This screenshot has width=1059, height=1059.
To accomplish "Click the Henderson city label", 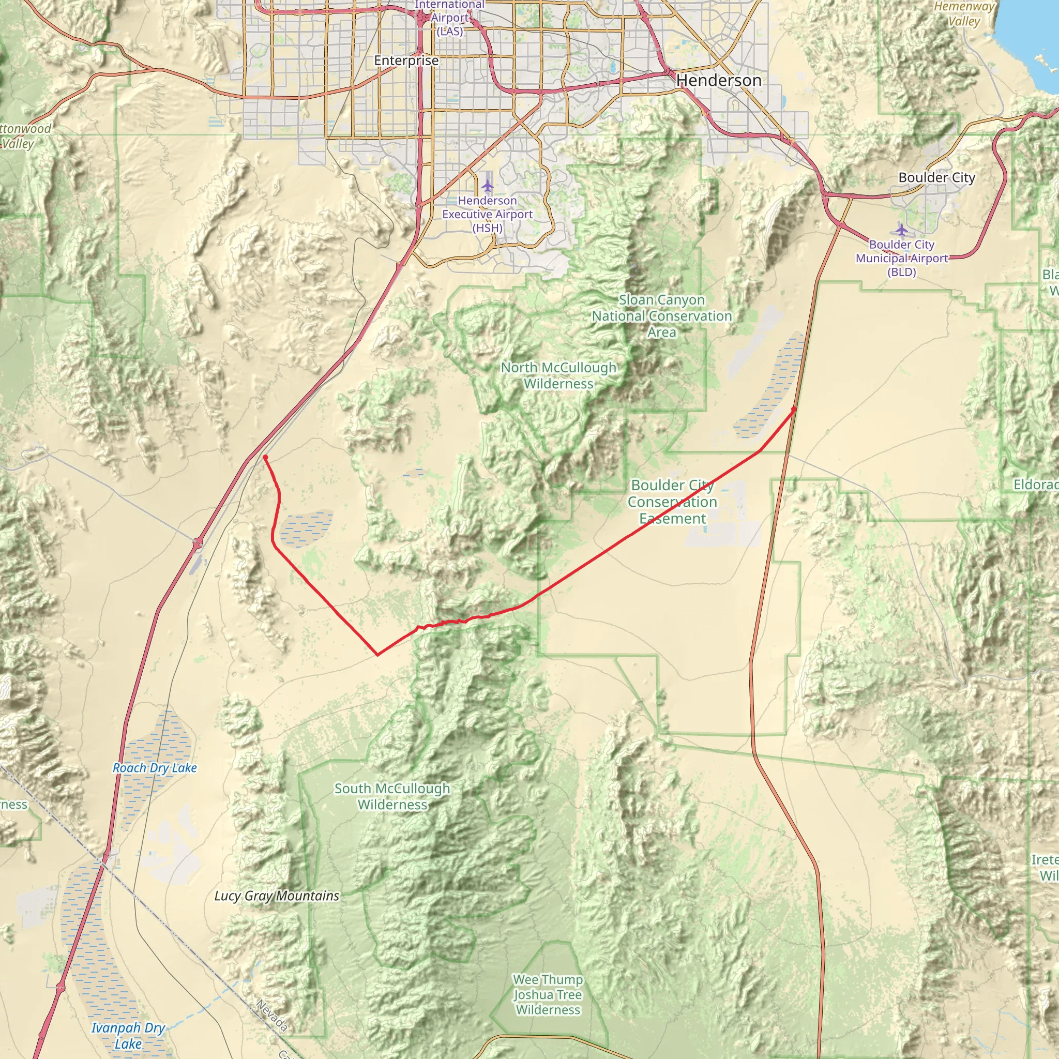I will (719, 81).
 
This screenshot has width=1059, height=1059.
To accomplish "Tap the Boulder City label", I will (937, 177).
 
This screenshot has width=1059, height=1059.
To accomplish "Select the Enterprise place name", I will (406, 60).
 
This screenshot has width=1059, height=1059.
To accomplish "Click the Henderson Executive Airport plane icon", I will (487, 186).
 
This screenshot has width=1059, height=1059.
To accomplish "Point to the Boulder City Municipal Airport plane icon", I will (901, 230).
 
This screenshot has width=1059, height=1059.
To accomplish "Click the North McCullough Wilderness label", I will (558, 375).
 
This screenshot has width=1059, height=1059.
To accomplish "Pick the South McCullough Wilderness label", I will (392, 796).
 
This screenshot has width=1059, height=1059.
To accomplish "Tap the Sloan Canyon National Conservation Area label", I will (661, 316).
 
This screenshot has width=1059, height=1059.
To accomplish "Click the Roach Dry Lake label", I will (155, 768).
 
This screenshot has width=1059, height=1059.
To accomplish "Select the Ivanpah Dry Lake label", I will (128, 1035).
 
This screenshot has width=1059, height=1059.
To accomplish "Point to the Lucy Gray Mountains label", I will (277, 896).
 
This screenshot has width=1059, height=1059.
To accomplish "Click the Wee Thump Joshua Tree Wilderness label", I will (548, 994).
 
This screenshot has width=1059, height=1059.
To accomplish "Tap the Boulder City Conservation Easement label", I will (673, 502).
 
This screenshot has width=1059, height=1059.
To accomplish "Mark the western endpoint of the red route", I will (265, 457).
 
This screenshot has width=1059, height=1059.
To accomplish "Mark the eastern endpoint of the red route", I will (794, 409).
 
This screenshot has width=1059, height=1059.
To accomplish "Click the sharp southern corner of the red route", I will (377, 655).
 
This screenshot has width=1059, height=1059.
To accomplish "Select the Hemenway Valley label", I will (964, 14).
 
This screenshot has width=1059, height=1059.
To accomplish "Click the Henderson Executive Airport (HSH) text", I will (487, 214).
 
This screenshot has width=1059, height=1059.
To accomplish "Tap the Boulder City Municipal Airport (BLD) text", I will (902, 258).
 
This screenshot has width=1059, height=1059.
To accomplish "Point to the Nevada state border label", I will (272, 1015).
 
